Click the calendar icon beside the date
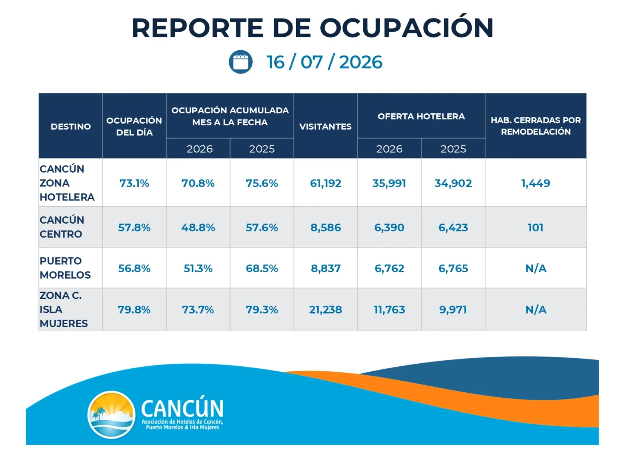pyautogui.click(x=240, y=62)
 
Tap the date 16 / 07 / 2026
pyautogui.click(x=324, y=62)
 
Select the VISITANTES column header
pyautogui.click(x=325, y=127)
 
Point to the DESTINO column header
pyautogui.click(x=71, y=127)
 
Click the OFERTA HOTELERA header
pyautogui.click(x=421, y=116)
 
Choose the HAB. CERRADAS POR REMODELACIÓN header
pyautogui.click(x=535, y=126)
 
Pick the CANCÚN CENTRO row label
pyautogui.click(x=62, y=227)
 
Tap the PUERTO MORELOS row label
pyautogui.click(x=65, y=268)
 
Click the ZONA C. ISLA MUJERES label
pyautogui.click(x=63, y=309)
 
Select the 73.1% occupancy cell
pyautogui.click(x=134, y=183)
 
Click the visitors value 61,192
pyautogui.click(x=325, y=183)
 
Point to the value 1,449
pyautogui.click(x=535, y=183)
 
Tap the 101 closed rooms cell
pyautogui.click(x=535, y=227)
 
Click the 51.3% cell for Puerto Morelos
pyautogui.click(x=198, y=268)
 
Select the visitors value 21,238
pyautogui.click(x=325, y=310)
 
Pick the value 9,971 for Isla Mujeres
pyautogui.click(x=453, y=310)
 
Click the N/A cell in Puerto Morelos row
pyautogui.click(x=535, y=268)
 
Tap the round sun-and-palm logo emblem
pyautogui.click(x=111, y=414)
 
